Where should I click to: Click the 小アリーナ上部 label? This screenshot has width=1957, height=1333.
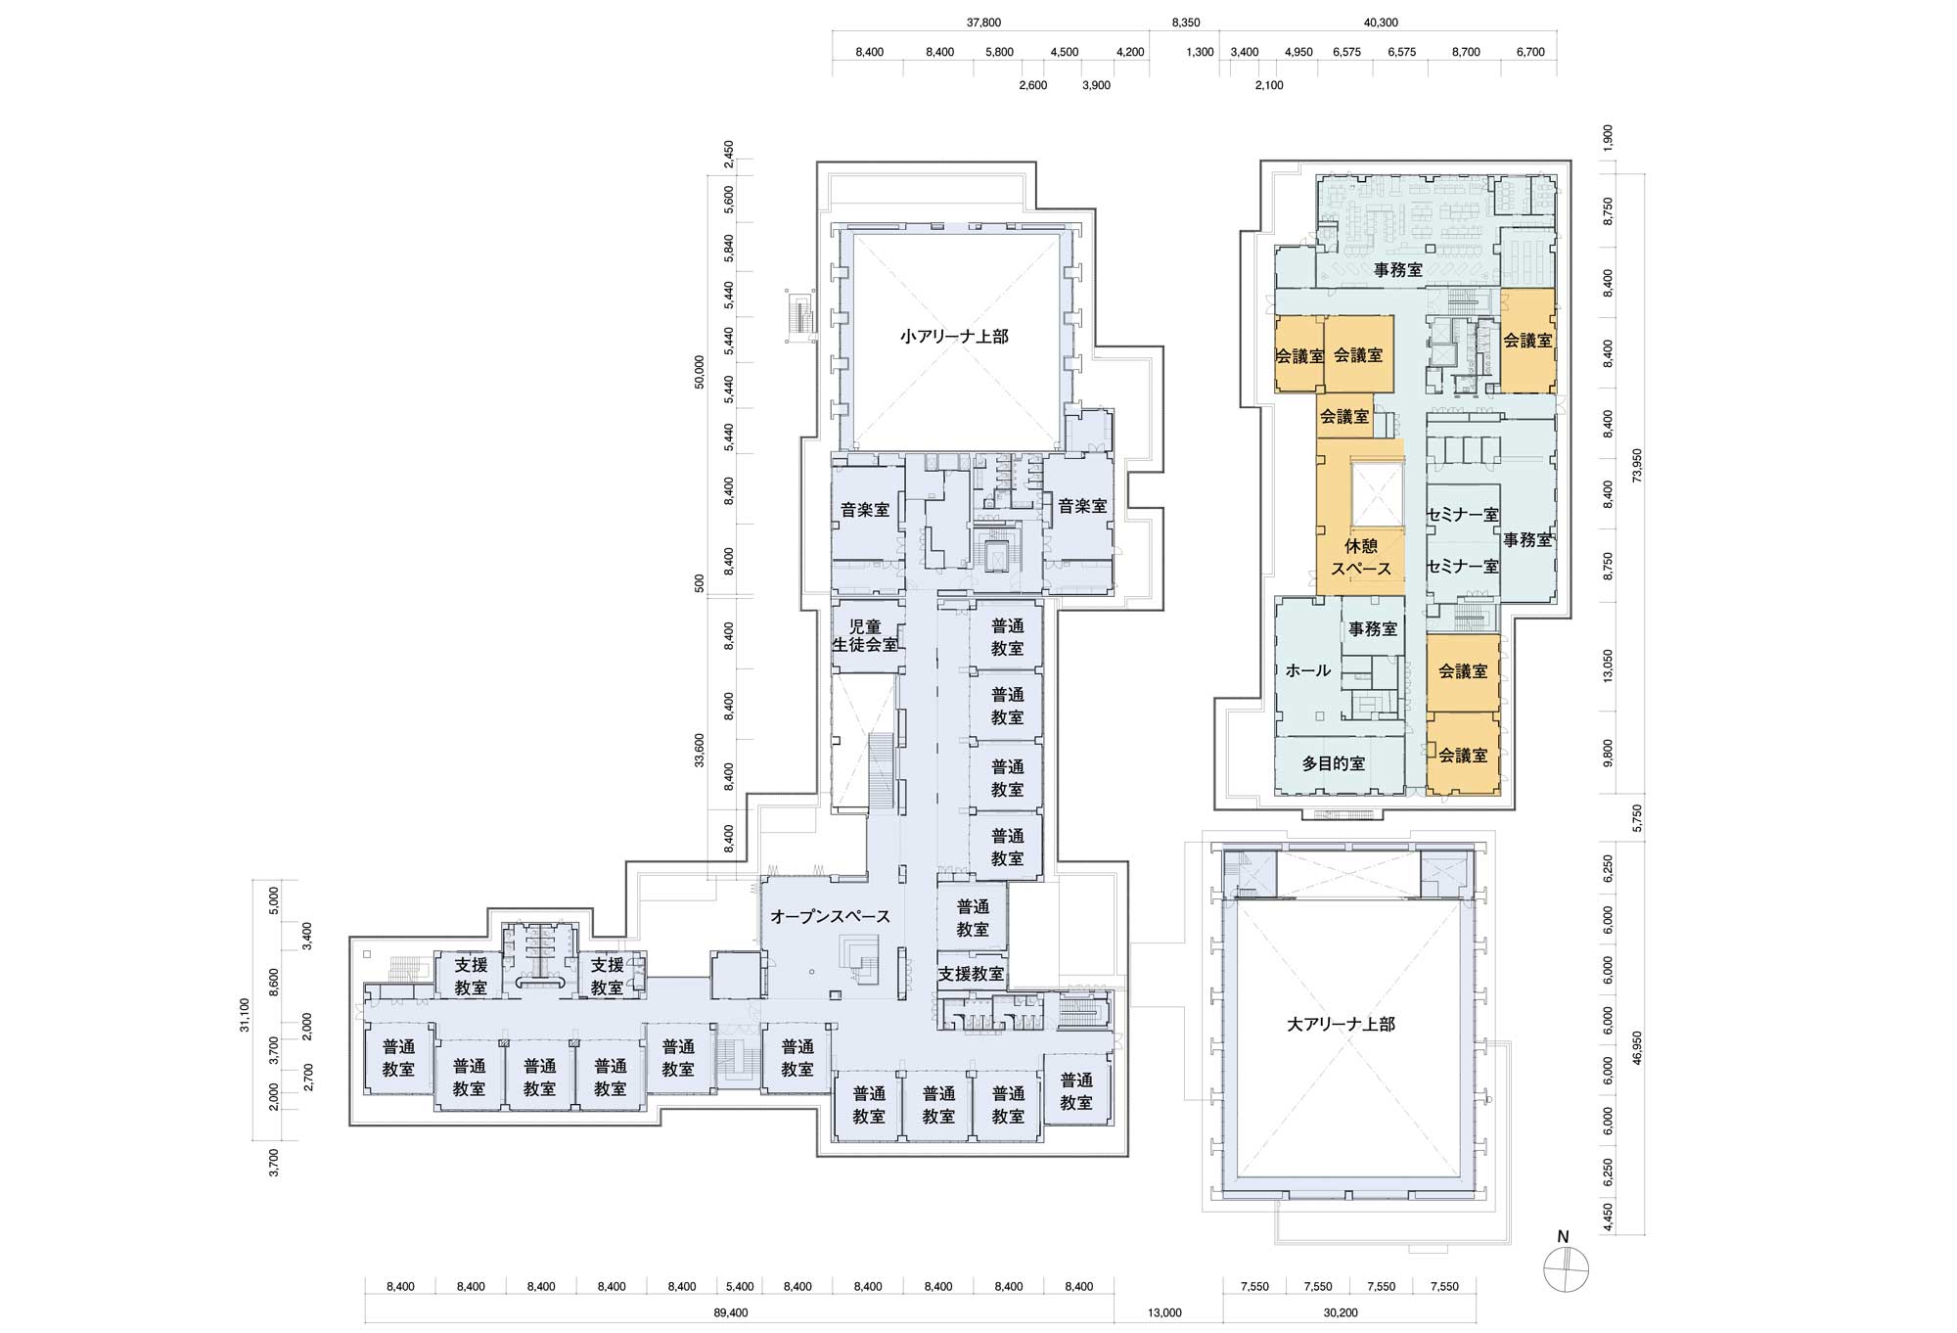[954, 336]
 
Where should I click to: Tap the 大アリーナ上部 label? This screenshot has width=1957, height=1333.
[1342, 1025]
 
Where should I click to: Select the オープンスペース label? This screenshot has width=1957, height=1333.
[830, 917]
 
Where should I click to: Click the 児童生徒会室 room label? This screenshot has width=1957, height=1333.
[865, 636]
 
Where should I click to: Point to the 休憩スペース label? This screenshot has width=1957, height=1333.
[1360, 556]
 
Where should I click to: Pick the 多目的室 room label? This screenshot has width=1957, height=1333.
[1334, 763]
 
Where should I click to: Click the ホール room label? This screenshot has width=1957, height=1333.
[1308, 670]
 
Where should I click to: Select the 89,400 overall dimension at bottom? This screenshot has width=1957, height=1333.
[733, 1312]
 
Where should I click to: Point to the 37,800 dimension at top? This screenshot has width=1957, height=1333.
[983, 23]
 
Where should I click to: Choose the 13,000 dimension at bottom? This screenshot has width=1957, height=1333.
[1164, 1312]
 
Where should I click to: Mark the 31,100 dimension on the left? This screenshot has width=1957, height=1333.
[245, 1015]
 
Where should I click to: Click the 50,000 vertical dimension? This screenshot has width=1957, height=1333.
[698, 372]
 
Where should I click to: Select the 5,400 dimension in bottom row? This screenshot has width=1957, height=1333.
[740, 1287]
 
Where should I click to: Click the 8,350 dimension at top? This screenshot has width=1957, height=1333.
[1186, 23]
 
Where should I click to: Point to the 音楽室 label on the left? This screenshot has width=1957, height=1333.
[865, 510]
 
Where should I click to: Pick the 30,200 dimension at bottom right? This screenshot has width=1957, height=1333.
[1340, 1312]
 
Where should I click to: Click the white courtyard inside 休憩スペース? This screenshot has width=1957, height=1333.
[1378, 494]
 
